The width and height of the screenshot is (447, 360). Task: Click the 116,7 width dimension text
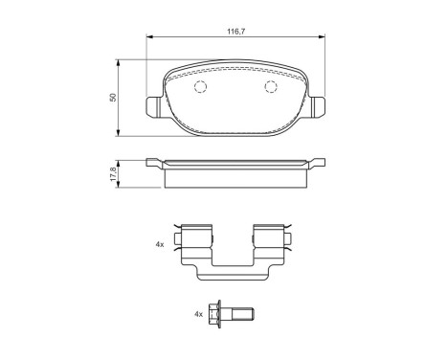pos(234,32)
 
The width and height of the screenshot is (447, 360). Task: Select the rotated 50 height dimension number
pos(113,97)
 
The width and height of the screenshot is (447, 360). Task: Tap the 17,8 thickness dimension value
pos(113,173)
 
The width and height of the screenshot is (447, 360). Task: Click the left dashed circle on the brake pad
pos(200,88)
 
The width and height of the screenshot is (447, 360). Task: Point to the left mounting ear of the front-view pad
pos(152,107)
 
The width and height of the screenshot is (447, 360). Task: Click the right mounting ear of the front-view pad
pos(317,107)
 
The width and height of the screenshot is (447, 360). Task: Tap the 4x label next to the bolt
pos(199,313)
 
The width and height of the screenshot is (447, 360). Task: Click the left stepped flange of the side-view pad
pos(156,164)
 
